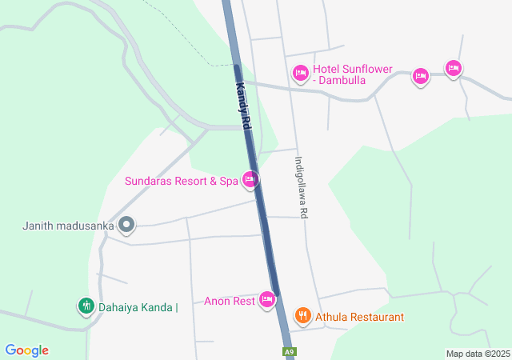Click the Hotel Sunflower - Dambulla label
352,74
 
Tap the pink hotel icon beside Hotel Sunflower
300,74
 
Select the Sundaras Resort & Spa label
182,182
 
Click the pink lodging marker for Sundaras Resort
250,180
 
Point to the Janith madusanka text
68,226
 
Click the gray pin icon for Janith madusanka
126,225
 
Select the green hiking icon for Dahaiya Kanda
86,305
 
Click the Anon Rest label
229,301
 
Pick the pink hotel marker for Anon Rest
267,301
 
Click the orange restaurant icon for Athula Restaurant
302,316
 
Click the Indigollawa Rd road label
302,187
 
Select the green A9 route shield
290,352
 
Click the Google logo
26,350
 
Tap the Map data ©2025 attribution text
478,354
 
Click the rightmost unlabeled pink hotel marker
454,69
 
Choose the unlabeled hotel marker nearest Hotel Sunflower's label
421,77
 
